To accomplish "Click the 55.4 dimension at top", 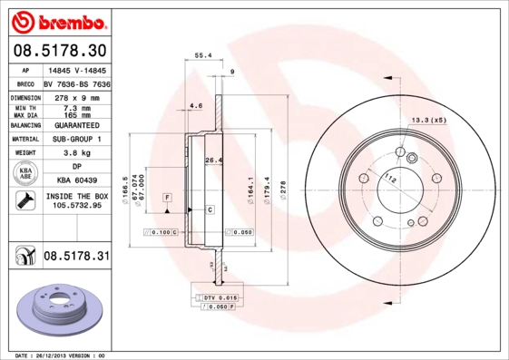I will tap(204, 55).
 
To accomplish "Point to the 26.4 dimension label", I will tap(213, 161).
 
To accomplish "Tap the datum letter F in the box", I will tap(168, 197).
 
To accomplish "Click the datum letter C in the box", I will tap(210, 209).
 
